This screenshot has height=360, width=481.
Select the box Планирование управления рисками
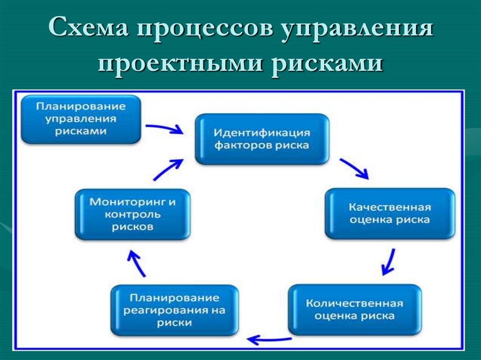click(x=81, y=119)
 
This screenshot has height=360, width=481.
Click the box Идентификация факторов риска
click(x=262, y=138)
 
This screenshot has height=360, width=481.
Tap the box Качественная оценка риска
click(x=389, y=213)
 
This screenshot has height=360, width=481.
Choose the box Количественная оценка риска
click(x=355, y=309)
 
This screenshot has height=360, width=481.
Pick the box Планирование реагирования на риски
click(x=174, y=310)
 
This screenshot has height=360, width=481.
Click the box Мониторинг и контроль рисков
click(x=132, y=214)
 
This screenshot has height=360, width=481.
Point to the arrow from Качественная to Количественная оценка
click(x=388, y=262)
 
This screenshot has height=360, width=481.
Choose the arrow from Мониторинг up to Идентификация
click(x=167, y=169)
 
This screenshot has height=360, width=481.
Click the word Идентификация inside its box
click(x=262, y=132)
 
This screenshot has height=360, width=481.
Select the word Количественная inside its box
click(x=355, y=303)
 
